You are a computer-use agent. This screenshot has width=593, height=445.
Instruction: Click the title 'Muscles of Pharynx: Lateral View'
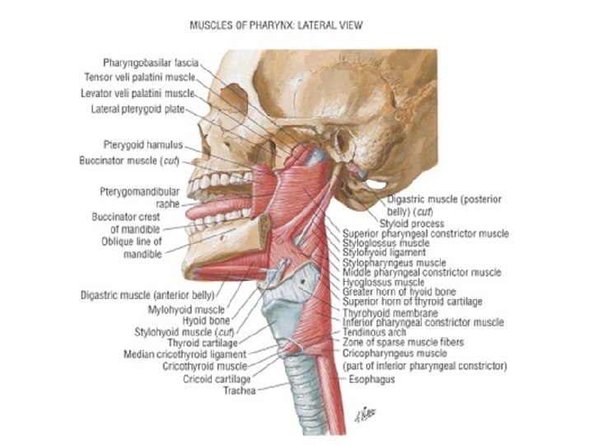(x=276, y=26)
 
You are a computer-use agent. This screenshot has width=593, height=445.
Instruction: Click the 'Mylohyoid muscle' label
(x=187, y=311)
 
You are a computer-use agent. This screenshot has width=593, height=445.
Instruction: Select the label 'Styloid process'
(x=412, y=223)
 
